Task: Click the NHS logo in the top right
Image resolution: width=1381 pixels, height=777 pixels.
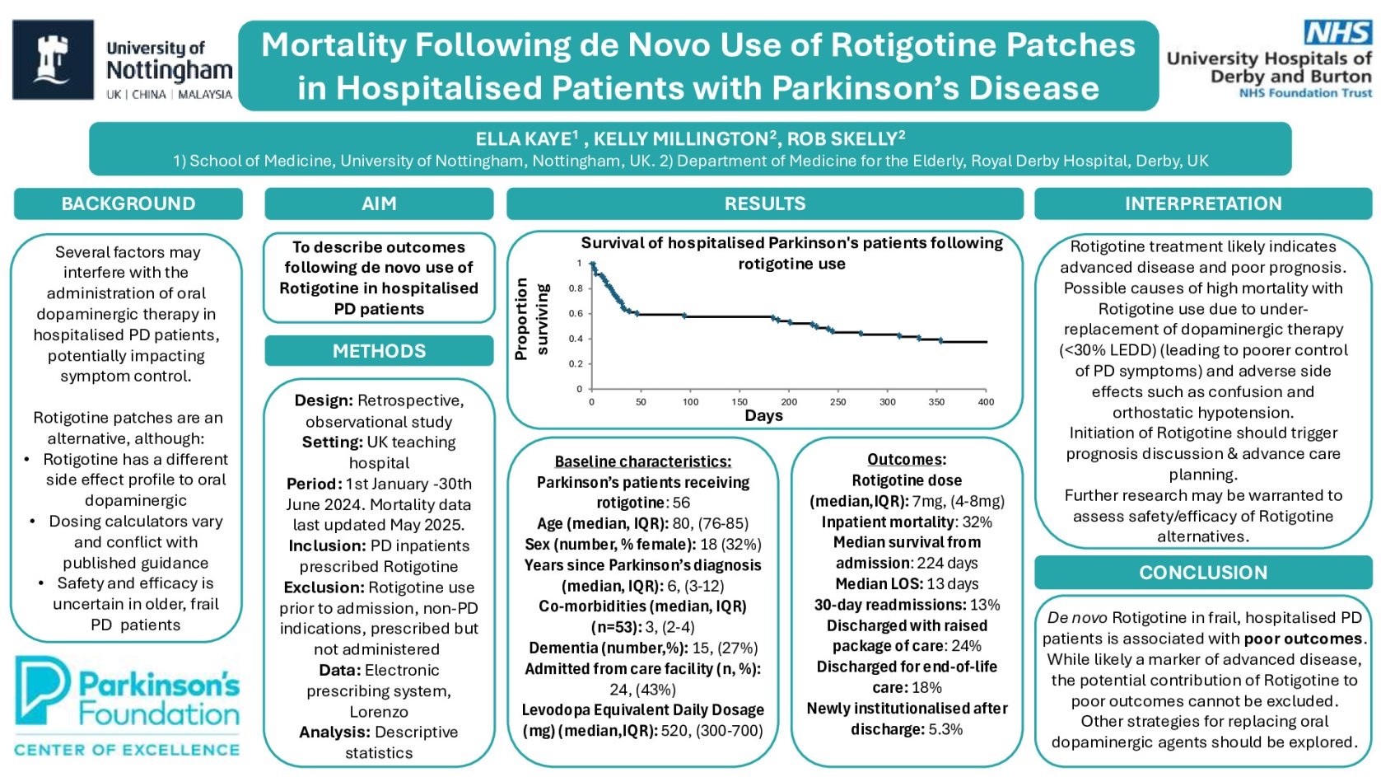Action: click(x=1337, y=33)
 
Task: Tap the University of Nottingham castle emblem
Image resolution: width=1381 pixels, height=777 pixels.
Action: click(x=53, y=59)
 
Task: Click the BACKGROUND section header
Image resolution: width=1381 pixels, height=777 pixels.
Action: click(x=128, y=204)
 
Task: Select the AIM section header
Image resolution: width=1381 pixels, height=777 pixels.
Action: click(x=379, y=204)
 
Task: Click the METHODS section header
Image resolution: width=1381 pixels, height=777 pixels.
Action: click(x=379, y=351)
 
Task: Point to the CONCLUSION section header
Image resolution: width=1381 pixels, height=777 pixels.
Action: click(x=1202, y=573)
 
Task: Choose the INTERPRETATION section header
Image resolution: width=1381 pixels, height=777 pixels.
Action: click(x=1202, y=204)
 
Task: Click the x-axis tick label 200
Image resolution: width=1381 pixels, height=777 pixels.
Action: click(x=788, y=402)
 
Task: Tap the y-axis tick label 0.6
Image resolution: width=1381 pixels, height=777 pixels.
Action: click(x=576, y=313)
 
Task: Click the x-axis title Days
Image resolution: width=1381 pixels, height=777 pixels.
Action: click(x=763, y=415)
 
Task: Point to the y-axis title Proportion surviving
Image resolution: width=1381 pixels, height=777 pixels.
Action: click(x=531, y=319)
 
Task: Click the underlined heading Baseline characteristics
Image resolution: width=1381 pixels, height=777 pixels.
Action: click(x=642, y=461)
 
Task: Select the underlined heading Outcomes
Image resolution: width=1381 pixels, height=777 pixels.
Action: click(x=906, y=460)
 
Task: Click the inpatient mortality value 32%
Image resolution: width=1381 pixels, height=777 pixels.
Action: click(x=977, y=522)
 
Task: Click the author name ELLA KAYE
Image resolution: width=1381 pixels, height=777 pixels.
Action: click(x=524, y=139)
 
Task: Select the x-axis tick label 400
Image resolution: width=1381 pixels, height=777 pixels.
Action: click(x=985, y=402)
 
